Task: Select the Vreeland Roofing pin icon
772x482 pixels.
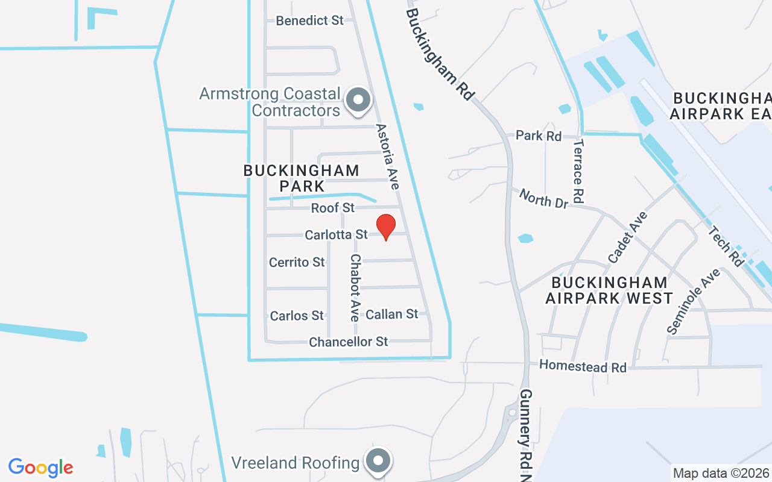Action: click(378, 462)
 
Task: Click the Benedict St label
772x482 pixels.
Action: click(309, 20)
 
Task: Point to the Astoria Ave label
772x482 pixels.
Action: click(388, 156)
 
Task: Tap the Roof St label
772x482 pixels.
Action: click(333, 208)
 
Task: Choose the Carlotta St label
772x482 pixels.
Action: click(336, 234)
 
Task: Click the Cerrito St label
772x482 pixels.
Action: click(297, 262)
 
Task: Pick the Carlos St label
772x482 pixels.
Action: click(297, 316)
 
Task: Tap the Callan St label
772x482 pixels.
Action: click(392, 314)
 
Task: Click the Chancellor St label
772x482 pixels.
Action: click(349, 342)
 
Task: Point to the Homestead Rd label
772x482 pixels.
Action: click(583, 366)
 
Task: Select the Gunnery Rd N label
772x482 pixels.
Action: click(526, 434)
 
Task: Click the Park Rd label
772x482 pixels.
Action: click(539, 136)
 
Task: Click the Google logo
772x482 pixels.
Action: click(41, 468)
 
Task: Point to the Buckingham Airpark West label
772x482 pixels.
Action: click(609, 290)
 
